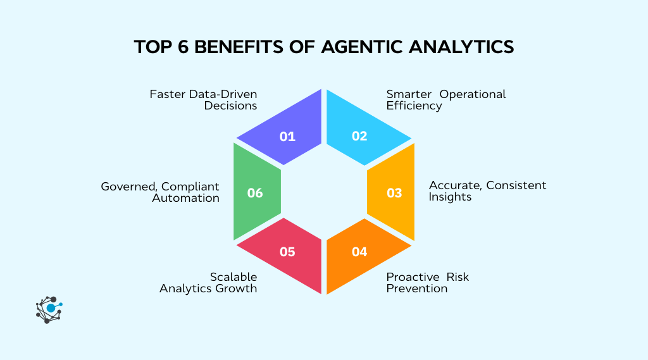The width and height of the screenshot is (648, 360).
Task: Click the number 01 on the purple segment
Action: (x=287, y=136)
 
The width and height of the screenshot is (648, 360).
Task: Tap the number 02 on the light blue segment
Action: (x=359, y=136)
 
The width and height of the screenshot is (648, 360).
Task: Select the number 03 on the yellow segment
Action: (x=394, y=193)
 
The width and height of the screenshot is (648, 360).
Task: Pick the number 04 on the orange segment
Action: (x=359, y=252)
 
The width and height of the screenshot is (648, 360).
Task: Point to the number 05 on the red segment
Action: (x=287, y=252)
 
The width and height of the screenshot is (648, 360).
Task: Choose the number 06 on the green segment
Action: (x=255, y=193)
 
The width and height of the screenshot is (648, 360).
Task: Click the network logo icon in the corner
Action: (x=49, y=310)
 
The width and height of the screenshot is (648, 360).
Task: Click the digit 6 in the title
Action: (x=184, y=48)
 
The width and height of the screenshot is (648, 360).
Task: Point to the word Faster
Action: (x=168, y=94)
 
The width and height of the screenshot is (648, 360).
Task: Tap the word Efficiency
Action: (x=414, y=106)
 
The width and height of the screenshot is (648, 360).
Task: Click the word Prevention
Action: (x=417, y=289)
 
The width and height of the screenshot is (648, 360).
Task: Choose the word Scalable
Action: (x=234, y=277)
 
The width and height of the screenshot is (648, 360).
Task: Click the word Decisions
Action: (x=230, y=106)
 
